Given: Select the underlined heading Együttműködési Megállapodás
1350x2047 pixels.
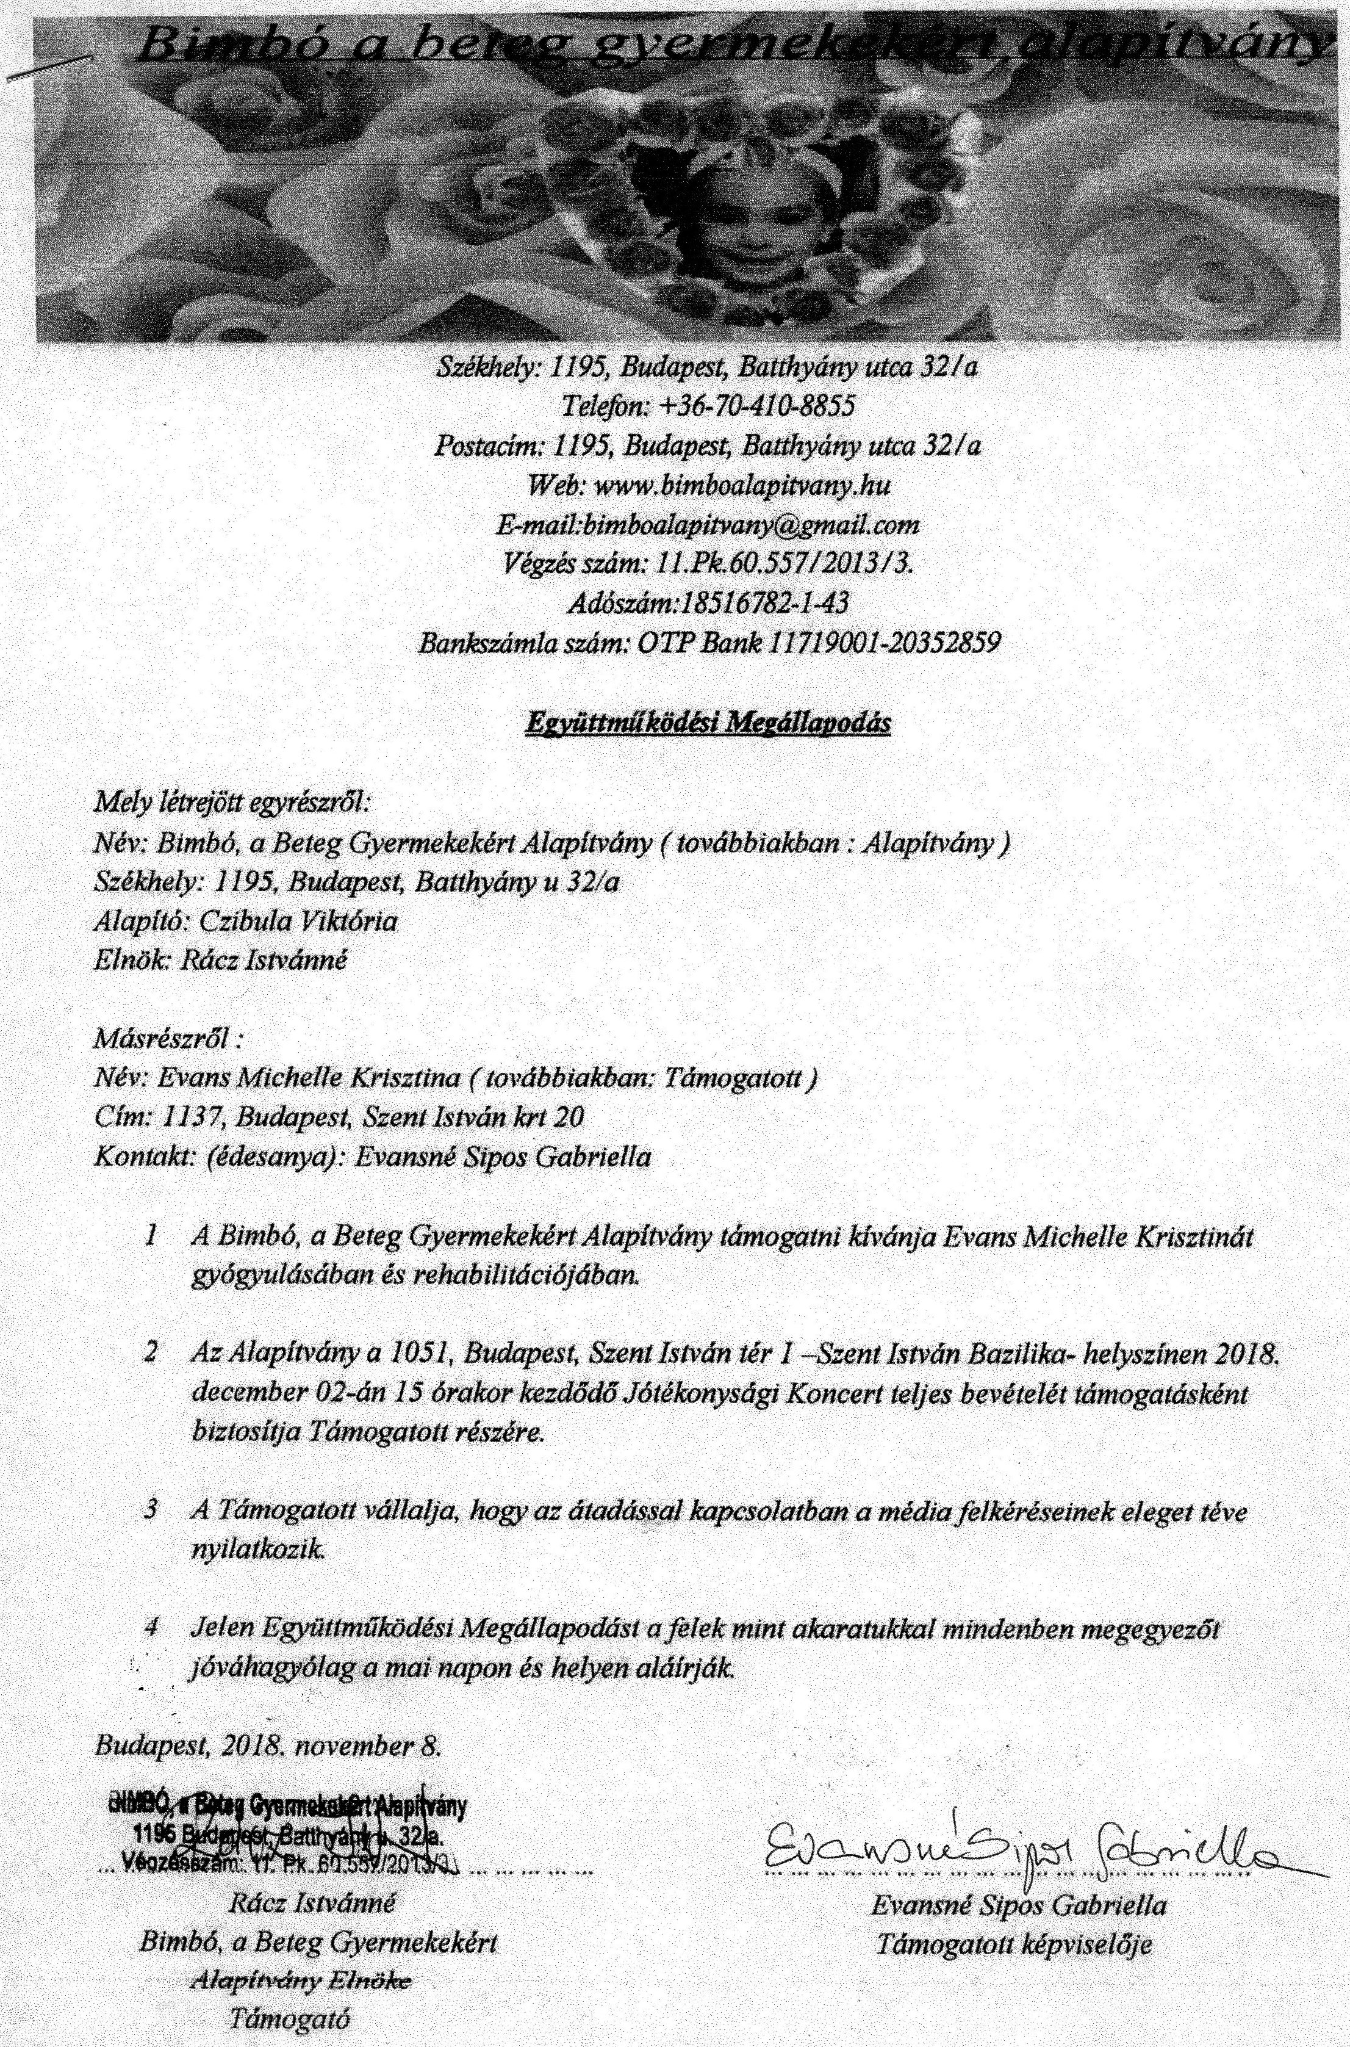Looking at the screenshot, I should [x=707, y=723].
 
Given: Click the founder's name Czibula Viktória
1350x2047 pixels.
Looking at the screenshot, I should [x=298, y=922].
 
